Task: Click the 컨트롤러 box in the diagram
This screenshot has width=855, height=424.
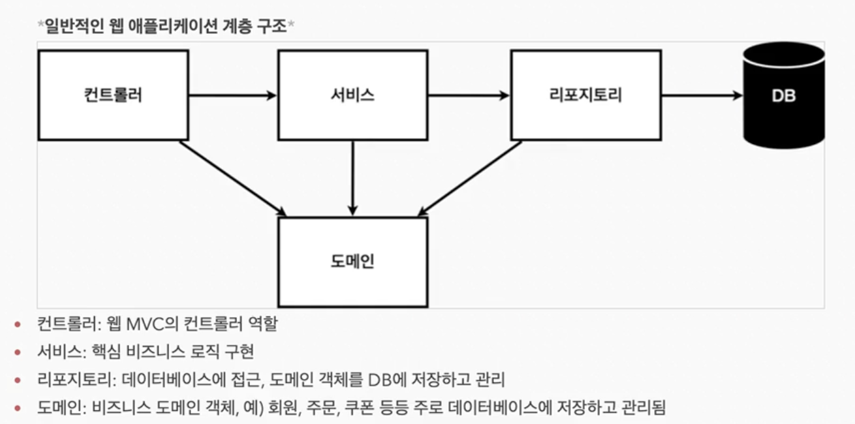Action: [113, 95]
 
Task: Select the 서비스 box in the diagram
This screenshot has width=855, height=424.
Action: [352, 95]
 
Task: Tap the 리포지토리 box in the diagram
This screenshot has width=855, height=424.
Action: [585, 95]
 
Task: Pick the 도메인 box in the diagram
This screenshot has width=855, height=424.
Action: [352, 262]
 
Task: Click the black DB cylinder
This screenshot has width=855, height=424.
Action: [783, 95]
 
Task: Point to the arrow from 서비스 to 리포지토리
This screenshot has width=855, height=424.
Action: [469, 96]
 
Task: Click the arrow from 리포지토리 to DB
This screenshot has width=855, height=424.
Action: [702, 96]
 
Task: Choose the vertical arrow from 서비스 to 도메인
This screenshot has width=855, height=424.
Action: [352, 178]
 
